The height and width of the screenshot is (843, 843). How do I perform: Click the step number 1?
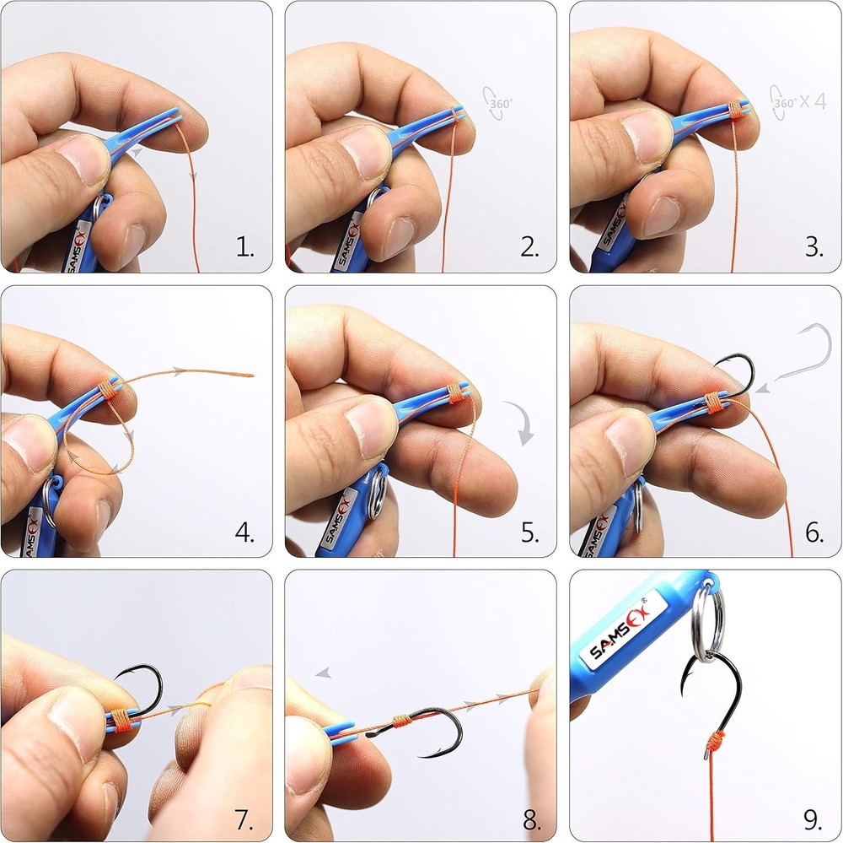click(244, 247)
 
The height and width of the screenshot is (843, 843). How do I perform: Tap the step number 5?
click(529, 532)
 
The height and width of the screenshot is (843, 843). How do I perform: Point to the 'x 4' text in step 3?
click(813, 100)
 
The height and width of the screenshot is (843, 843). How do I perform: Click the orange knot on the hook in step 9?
click(715, 743)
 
